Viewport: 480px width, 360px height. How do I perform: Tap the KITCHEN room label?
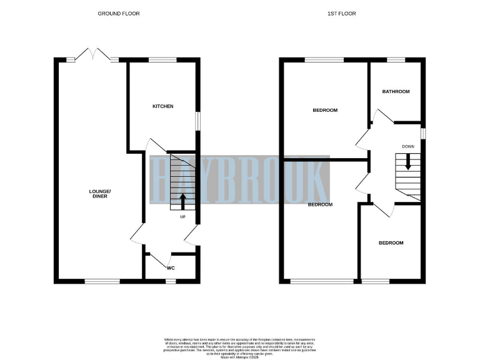click(163, 106)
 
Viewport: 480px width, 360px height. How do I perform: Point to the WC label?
click(171, 267)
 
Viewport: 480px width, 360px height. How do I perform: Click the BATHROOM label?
click(396, 92)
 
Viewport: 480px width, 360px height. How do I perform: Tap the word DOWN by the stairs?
click(408, 146)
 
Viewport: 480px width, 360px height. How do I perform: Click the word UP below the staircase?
click(182, 217)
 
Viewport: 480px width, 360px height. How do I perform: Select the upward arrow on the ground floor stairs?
click(182, 201)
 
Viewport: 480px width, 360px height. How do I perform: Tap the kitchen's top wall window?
click(163, 59)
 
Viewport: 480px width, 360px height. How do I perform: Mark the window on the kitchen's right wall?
click(198, 121)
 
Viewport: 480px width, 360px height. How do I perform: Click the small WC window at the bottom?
click(171, 281)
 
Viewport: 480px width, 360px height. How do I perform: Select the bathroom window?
click(396, 59)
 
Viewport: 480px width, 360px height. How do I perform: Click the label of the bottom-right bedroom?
click(392, 243)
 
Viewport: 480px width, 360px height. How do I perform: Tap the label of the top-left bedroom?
click(325, 110)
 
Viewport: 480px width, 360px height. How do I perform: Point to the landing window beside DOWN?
click(424, 134)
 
